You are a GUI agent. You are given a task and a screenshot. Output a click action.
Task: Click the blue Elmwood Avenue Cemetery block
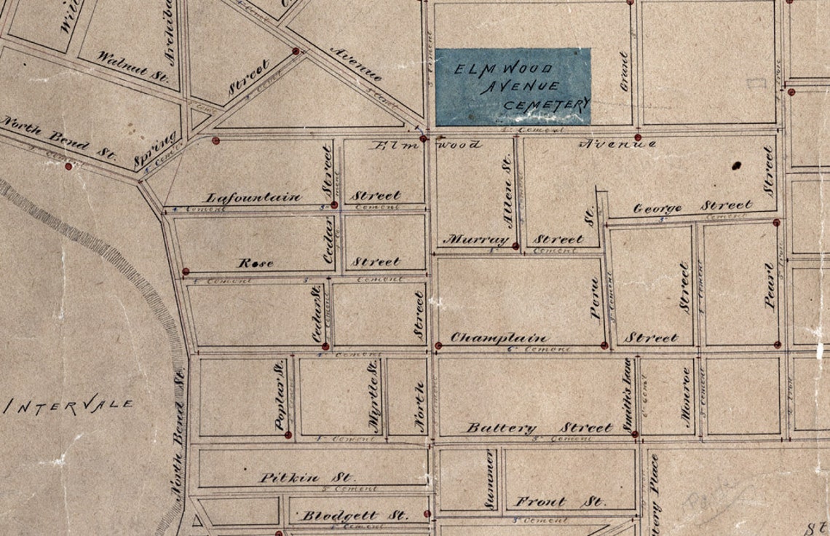513,86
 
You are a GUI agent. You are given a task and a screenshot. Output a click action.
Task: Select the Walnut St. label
133,64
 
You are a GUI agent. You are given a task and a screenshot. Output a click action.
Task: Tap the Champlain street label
499,338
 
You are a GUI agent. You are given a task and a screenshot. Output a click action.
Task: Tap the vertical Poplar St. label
278,398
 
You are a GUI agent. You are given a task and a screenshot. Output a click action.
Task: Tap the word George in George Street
657,208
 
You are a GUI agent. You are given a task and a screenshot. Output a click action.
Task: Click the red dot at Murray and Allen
515,246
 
